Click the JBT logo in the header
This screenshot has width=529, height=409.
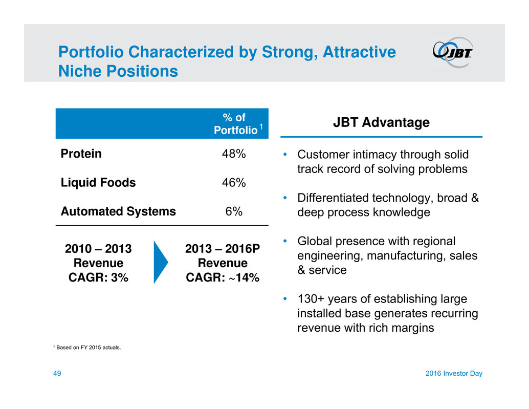[453, 52]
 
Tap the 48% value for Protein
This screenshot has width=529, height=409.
[234, 154]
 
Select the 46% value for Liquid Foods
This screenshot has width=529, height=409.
[234, 183]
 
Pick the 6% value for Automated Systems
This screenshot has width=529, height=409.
[234, 211]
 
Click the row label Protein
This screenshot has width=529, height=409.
[81, 154]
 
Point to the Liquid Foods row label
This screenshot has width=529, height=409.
[98, 183]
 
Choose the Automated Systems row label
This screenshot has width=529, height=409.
[118, 211]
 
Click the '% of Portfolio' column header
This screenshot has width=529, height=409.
[236, 123]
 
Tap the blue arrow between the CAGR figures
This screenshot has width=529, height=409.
[161, 262]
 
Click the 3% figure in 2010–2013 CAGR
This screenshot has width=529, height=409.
[119, 277]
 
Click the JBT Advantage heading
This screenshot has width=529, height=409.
[381, 122]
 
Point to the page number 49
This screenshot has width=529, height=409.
[57, 373]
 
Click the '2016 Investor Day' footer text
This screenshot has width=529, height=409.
[454, 373]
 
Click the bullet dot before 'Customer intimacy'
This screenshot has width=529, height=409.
[285, 155]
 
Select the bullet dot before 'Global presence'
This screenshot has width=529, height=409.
[285, 241]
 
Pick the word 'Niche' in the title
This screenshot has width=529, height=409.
[80, 71]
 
